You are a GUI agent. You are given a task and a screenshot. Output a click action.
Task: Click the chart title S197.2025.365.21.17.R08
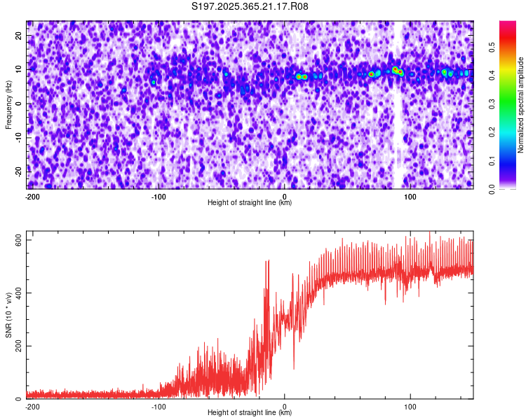(x=250, y=7)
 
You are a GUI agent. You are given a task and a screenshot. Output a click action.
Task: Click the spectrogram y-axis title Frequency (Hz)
(x=8, y=104)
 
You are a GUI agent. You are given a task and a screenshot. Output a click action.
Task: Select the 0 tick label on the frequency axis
(x=19, y=104)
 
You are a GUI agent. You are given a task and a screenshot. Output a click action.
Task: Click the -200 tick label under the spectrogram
(x=32, y=197)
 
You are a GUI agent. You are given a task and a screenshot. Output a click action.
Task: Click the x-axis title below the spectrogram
(x=250, y=203)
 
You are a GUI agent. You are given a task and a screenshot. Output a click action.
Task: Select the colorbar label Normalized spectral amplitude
(x=520, y=104)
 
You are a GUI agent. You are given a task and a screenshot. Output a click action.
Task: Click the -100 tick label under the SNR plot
(x=158, y=407)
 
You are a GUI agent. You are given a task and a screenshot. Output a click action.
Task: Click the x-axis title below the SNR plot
(x=250, y=413)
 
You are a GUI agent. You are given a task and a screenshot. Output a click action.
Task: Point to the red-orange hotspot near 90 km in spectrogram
(x=397, y=70)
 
